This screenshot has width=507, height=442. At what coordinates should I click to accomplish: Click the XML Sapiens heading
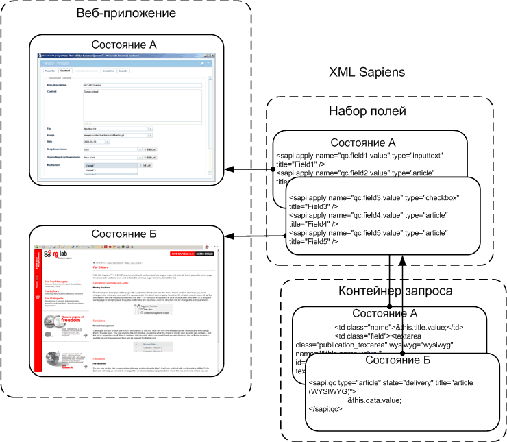point(367,72)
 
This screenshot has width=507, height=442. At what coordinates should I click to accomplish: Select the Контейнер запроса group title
point(394,291)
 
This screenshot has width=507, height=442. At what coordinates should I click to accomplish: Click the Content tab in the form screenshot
point(65,71)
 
